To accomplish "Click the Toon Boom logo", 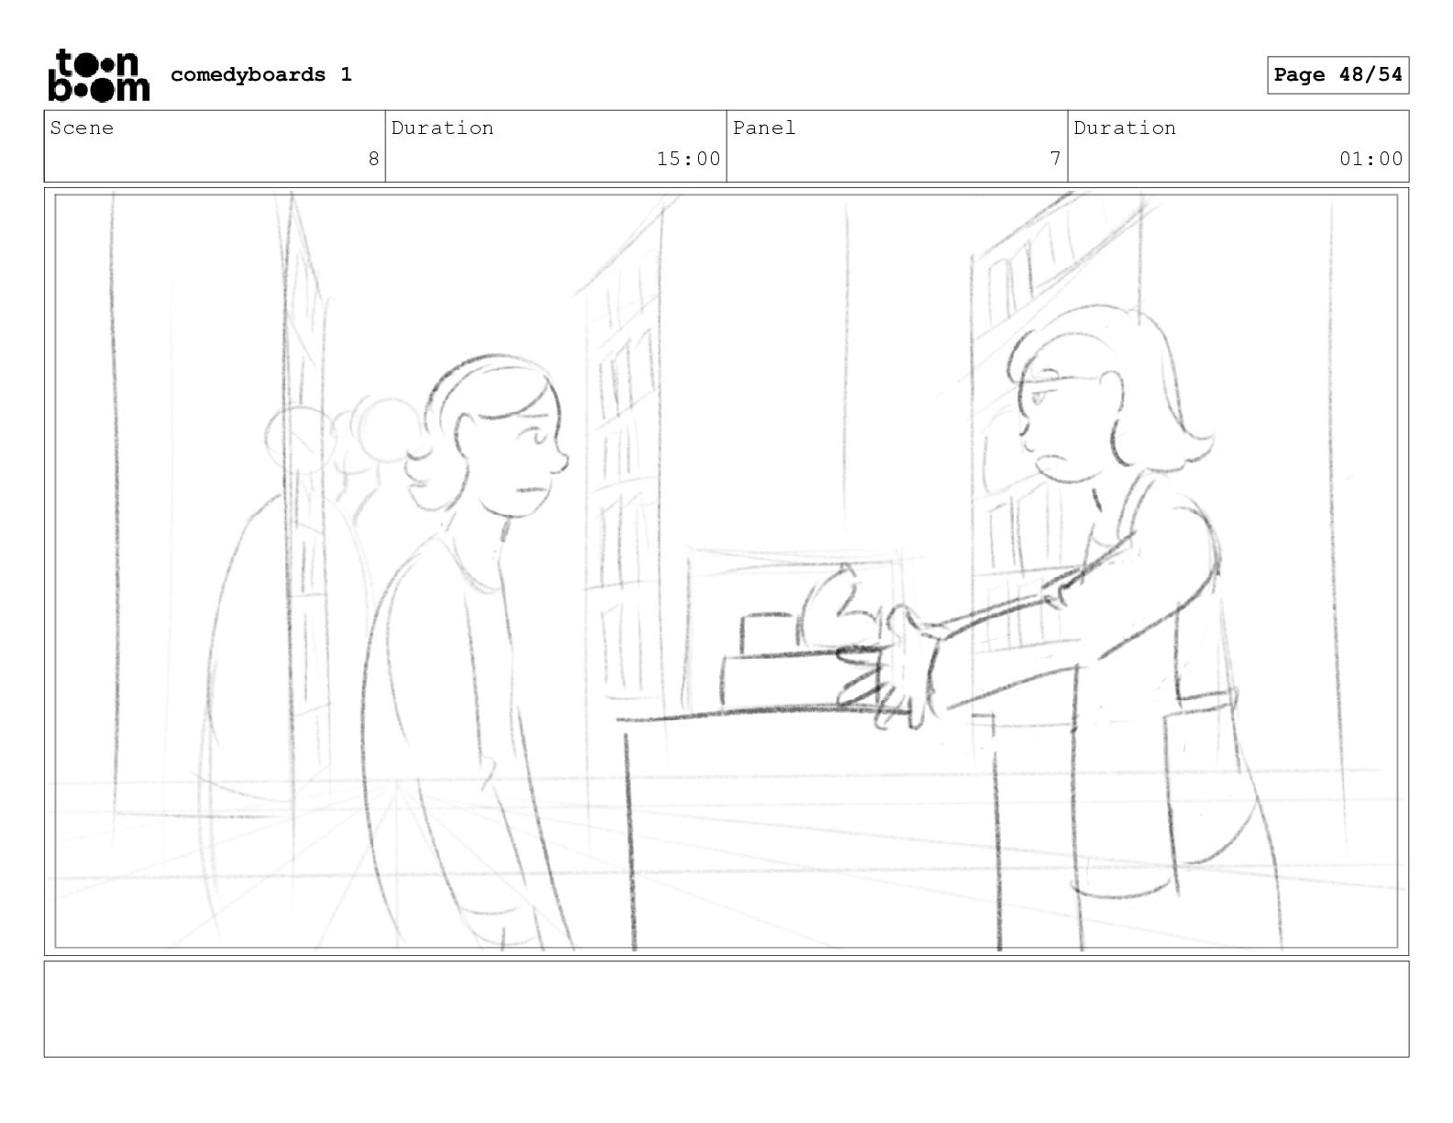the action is pyautogui.click(x=99, y=75).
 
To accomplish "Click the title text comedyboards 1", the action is pyautogui.click(x=261, y=74).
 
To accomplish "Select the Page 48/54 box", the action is pyautogui.click(x=1338, y=75).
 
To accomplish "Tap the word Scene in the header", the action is pyautogui.click(x=82, y=128).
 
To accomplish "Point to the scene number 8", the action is pyautogui.click(x=373, y=159).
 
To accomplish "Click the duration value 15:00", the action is pyautogui.click(x=688, y=159).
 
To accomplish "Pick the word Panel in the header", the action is pyautogui.click(x=763, y=128).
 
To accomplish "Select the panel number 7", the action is pyautogui.click(x=1055, y=159).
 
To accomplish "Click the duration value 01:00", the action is pyautogui.click(x=1370, y=159).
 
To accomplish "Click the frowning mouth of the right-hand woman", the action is pyautogui.click(x=1054, y=461).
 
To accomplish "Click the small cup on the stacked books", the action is pyautogui.click(x=767, y=633).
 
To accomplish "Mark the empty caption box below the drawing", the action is pyautogui.click(x=726, y=1009).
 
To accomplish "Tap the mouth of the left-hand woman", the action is pyautogui.click(x=533, y=490).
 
